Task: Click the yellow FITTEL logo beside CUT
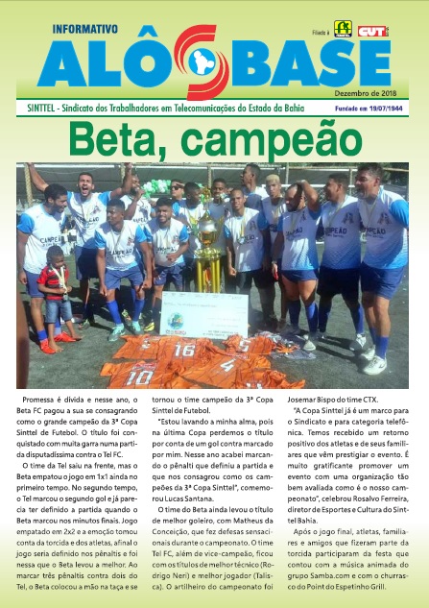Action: (x=342, y=29)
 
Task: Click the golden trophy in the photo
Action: (x=206, y=256)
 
